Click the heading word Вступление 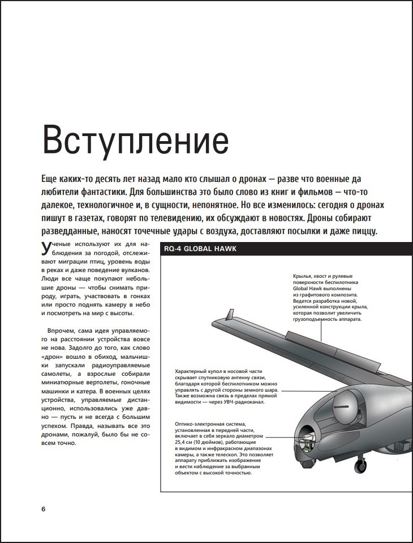136,142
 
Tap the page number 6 44,508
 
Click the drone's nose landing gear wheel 360,467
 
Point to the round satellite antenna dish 345,404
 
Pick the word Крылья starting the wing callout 303,274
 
